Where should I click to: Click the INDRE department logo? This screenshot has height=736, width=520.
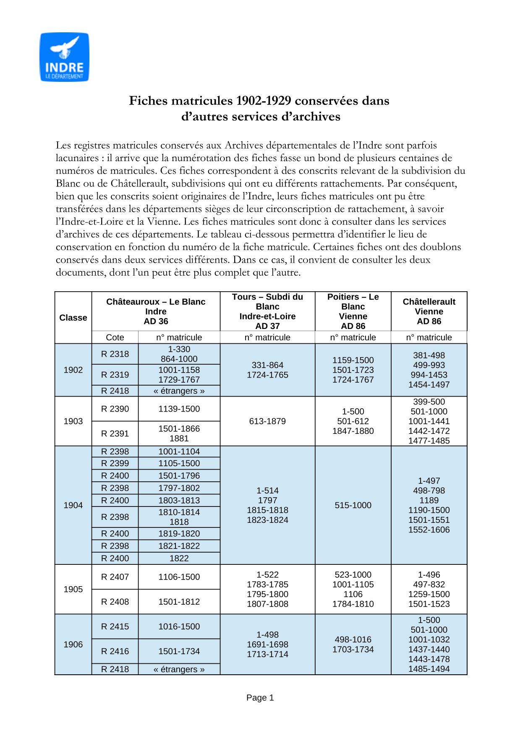(64, 57)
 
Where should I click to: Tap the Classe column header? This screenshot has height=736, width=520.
(73, 318)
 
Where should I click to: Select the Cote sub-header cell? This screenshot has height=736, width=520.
(115, 337)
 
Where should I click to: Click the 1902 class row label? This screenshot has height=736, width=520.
(73, 370)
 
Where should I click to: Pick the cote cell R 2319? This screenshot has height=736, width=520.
(115, 375)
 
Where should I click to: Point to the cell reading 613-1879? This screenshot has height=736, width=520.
(267, 421)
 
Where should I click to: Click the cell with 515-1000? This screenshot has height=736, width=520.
(353, 505)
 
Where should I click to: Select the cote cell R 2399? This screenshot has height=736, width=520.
(115, 463)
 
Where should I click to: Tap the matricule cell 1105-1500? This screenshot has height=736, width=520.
(179, 463)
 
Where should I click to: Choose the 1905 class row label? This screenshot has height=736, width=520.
(73, 589)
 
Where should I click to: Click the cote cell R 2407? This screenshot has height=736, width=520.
(115, 577)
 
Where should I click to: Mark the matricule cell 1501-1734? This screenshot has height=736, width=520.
(179, 651)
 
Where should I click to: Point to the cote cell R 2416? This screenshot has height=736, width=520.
(115, 651)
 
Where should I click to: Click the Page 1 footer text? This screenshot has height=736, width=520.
(260, 697)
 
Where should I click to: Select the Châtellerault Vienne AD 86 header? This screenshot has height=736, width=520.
(429, 311)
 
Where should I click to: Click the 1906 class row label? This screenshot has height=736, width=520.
(73, 644)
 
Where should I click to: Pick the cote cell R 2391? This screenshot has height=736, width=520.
(115, 433)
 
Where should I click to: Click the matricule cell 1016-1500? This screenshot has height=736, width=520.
(179, 626)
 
